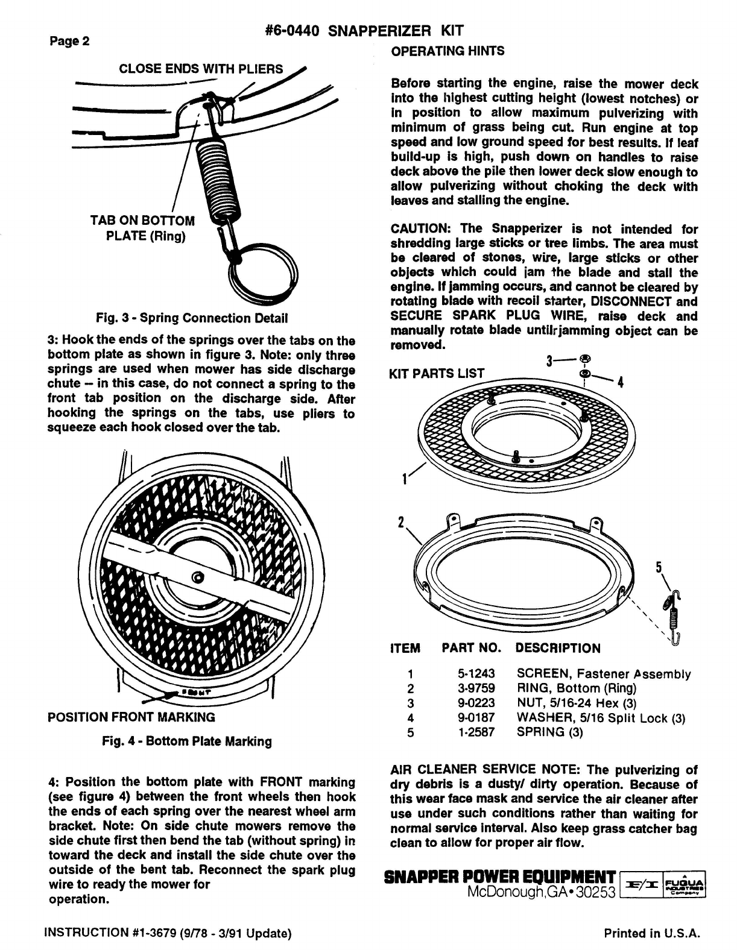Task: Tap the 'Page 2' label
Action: tap(69, 42)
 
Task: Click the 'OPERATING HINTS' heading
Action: tap(448, 51)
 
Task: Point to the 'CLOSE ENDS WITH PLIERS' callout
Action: tap(201, 69)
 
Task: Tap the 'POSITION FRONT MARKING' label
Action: tap(131, 717)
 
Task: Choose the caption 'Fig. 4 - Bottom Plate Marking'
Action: tap(187, 741)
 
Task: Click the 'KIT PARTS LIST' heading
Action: tap(437, 373)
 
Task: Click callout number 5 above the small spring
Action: tap(659, 568)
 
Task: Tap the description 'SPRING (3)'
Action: tap(550, 732)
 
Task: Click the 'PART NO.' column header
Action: tap(472, 649)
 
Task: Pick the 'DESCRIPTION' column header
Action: tap(558, 649)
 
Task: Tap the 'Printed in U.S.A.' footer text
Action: tap(652, 934)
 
